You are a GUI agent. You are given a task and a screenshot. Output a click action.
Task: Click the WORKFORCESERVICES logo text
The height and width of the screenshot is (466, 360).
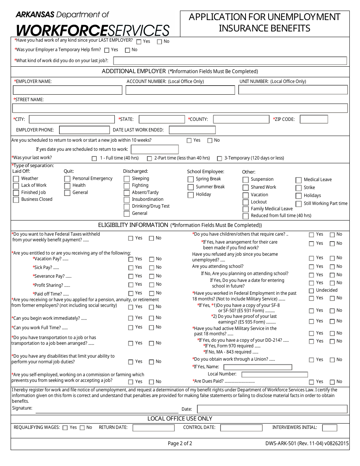(x=92, y=30)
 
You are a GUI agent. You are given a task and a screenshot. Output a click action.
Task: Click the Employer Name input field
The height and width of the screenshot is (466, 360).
(x=67, y=90)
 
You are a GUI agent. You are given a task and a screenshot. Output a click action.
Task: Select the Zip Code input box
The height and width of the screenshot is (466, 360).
(x=314, y=119)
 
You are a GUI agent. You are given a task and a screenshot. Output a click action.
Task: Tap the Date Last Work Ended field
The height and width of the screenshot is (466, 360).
(x=192, y=130)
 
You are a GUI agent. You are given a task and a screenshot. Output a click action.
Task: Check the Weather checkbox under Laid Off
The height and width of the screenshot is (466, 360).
(x=16, y=179)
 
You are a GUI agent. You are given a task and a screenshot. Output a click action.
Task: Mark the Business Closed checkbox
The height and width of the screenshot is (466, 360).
(x=16, y=200)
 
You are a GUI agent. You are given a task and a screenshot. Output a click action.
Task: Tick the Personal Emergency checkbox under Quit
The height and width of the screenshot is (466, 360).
(x=67, y=179)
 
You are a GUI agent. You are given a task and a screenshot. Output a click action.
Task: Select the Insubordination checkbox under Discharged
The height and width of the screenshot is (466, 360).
(x=127, y=200)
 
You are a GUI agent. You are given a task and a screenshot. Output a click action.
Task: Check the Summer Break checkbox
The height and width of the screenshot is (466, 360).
(x=191, y=187)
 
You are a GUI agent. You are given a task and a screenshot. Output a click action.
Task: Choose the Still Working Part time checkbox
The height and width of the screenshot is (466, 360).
(x=299, y=204)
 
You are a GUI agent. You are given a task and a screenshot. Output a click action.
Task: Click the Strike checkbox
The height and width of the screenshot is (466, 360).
(x=299, y=188)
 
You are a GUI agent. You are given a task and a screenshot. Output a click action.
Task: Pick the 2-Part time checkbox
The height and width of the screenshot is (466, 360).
(x=150, y=158)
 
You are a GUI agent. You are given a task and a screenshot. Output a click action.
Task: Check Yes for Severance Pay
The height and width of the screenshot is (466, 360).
(x=131, y=276)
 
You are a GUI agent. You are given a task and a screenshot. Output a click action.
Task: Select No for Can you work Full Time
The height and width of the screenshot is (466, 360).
(x=152, y=327)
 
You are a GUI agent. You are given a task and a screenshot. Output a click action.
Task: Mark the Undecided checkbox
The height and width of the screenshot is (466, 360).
(x=311, y=291)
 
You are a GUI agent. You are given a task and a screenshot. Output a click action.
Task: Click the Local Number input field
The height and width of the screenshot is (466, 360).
(x=274, y=375)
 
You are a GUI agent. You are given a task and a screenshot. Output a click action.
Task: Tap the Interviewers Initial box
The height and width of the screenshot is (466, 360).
(x=329, y=428)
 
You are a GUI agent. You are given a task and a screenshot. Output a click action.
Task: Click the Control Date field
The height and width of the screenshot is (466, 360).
(x=241, y=428)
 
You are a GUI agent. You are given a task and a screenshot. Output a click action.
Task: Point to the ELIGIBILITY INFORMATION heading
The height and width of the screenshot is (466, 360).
(x=133, y=225)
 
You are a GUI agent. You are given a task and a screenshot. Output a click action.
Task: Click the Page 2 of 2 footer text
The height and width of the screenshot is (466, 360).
(x=180, y=443)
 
